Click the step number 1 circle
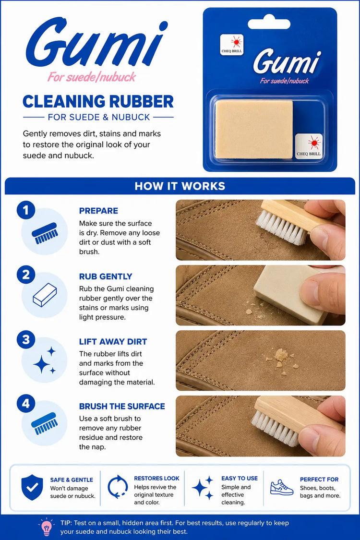coord(26,210)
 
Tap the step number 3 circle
coord(26,340)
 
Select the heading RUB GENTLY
coord(106,276)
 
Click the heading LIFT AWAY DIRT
coord(113,342)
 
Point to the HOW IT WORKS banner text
coord(180,186)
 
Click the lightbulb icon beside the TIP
coord(47,527)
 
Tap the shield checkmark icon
coord(32,487)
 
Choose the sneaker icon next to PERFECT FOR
coord(281,488)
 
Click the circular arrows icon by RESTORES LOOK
coord(118,487)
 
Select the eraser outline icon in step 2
coord(45,295)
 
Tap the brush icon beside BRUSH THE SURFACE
coord(45,423)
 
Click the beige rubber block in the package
coord(254,130)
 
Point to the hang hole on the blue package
coord(269,24)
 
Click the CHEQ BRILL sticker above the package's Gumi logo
coord(232,45)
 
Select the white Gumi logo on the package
coord(287,62)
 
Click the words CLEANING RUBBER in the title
coord(98,102)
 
